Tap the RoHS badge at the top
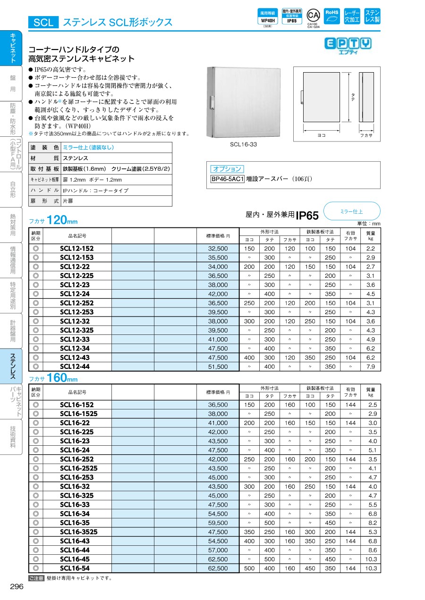pos(331,16)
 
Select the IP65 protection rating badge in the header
pos(291,18)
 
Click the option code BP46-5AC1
pos(228,179)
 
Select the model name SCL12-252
pos(77,303)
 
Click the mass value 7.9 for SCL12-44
pos(371,367)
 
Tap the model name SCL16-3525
pos(78,532)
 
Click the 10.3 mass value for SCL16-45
pos(371,559)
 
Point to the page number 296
pos(17,586)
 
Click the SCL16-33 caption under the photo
pos(243,145)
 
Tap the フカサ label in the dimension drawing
pos(366,136)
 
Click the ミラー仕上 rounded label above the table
pos(351,211)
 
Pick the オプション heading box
pos(227,169)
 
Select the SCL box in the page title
pos(43,22)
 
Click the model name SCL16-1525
pos(78,414)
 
